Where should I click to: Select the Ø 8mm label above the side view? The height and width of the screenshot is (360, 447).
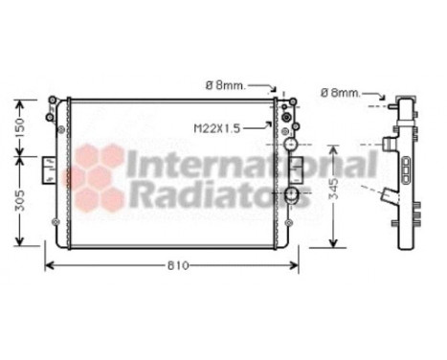point(341,92)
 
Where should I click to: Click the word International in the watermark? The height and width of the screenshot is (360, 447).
point(251,166)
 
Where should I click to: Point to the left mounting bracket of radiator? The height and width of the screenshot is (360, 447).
point(48,170)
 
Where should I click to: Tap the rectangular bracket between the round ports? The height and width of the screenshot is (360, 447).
point(297,169)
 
